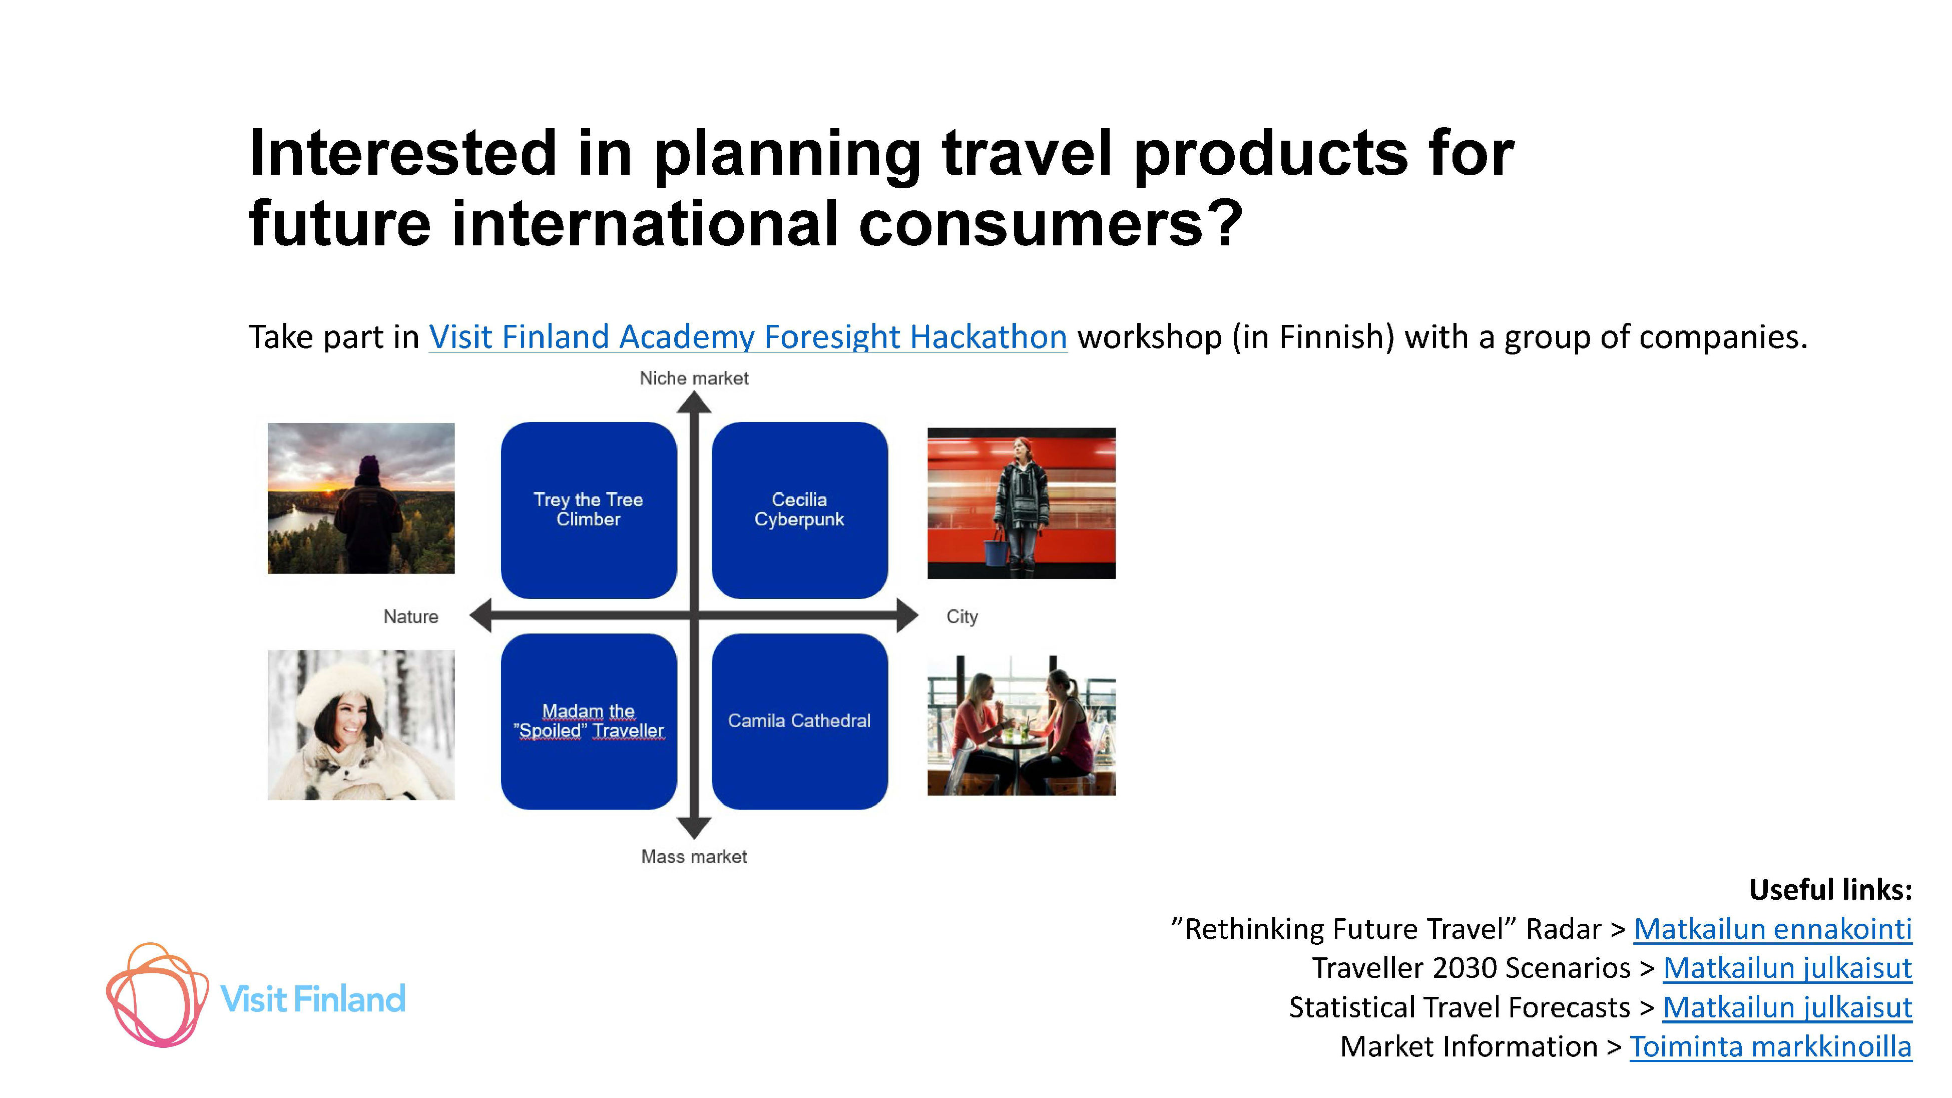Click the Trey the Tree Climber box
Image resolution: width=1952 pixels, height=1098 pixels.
[x=589, y=510]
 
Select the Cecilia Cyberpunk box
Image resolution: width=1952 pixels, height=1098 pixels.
[x=799, y=510]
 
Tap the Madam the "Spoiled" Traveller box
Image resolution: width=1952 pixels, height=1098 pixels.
[x=589, y=721]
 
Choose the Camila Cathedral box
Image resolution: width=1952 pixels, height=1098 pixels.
[x=799, y=721]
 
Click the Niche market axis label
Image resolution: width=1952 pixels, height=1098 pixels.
[x=693, y=378]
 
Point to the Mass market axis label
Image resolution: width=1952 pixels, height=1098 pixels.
[x=693, y=857]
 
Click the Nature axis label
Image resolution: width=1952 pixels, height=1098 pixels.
[x=411, y=617]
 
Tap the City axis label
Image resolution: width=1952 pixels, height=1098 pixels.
[x=961, y=617]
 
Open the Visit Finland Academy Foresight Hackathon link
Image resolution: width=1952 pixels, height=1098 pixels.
[x=748, y=337]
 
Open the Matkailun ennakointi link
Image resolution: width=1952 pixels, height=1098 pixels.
[x=1772, y=929]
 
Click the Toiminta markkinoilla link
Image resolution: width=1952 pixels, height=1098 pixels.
[x=1771, y=1047]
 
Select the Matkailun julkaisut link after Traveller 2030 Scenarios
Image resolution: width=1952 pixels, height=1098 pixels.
[x=1787, y=968]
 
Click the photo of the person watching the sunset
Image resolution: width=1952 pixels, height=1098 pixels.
[x=361, y=498]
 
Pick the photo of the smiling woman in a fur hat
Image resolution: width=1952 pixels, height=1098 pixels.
[x=361, y=724]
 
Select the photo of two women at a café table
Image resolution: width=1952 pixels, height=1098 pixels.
[x=1022, y=725]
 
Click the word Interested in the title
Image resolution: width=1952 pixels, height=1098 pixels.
[x=403, y=153]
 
